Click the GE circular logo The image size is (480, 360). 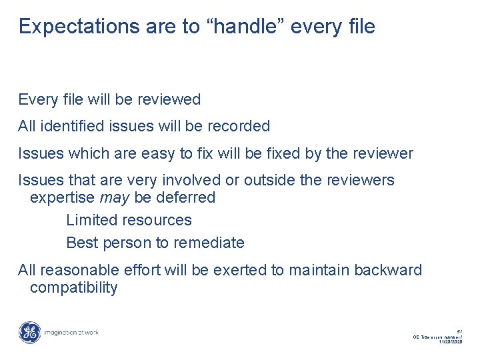pyautogui.click(x=29, y=333)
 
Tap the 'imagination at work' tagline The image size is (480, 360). pyautogui.click(x=70, y=333)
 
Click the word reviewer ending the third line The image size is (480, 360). pyautogui.click(x=383, y=153)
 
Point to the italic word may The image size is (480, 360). pyautogui.click(x=113, y=198)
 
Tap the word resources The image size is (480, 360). pyautogui.click(x=161, y=220)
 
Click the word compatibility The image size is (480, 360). pyautogui.click(x=74, y=288)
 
